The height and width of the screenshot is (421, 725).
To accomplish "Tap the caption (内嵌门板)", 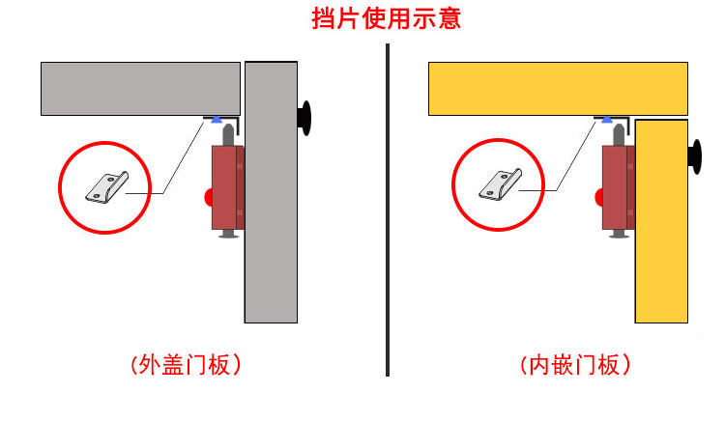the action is coord(575,365).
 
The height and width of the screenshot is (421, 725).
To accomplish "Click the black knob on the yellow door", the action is coord(694,157).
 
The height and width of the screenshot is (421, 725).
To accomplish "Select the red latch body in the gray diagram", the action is coord(227,187).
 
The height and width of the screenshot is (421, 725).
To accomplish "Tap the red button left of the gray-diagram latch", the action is coord(206,198).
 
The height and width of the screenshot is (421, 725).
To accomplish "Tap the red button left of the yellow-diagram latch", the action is coord(598,198).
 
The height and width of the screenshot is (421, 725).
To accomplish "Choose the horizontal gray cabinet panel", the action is coord(140,88).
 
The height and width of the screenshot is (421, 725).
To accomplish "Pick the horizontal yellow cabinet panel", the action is coord(558,88).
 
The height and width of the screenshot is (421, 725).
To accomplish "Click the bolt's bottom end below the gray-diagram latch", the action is coord(227,235).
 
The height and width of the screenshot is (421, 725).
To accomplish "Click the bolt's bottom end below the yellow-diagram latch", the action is coord(616,235).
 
